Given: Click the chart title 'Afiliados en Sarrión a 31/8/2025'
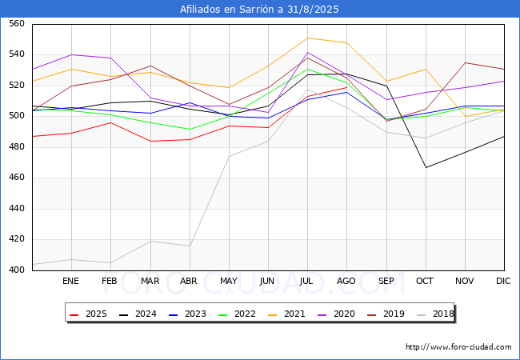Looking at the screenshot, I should point(260,10).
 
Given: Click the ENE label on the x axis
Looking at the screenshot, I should point(71,281).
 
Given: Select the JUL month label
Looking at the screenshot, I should point(307,281).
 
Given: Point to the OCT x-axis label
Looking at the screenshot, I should point(425,281).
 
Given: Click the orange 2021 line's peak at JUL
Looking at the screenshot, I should point(307,38).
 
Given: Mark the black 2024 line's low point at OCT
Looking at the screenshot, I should point(426,167).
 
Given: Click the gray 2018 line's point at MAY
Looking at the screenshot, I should point(229,156).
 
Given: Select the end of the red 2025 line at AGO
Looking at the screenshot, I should point(346,87).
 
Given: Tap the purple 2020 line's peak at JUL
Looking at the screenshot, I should point(307,53).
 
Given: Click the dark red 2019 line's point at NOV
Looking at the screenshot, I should point(465,62).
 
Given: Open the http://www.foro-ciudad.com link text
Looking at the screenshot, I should point(458,347).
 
